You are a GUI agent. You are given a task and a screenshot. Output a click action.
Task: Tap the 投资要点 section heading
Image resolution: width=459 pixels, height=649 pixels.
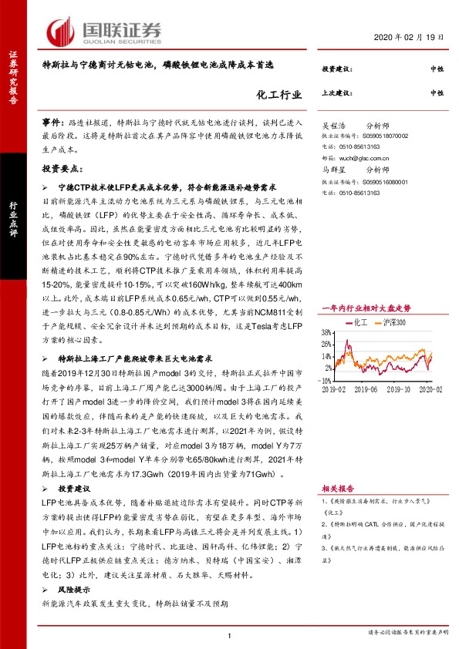click(62, 167)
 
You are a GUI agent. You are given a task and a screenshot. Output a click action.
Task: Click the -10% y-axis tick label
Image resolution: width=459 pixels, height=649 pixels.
click(326, 380)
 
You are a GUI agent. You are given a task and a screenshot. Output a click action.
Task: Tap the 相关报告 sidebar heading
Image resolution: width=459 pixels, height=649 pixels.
click(337, 489)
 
